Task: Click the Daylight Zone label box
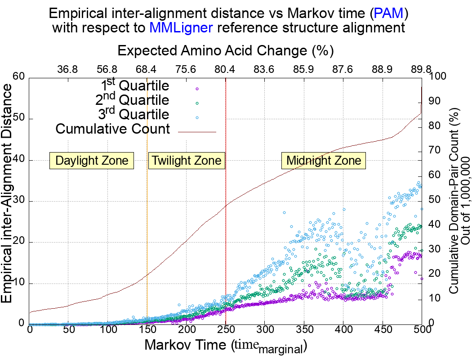(92, 160)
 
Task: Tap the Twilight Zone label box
(187, 160)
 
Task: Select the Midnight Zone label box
(324, 160)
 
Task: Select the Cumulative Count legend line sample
(197, 132)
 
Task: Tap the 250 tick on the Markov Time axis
(225, 329)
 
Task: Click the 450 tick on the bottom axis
(383, 329)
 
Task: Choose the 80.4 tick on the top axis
(225, 70)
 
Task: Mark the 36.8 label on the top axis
(68, 70)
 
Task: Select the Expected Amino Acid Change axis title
(225, 50)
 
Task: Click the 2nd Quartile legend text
(133, 99)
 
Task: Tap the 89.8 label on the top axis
(421, 70)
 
